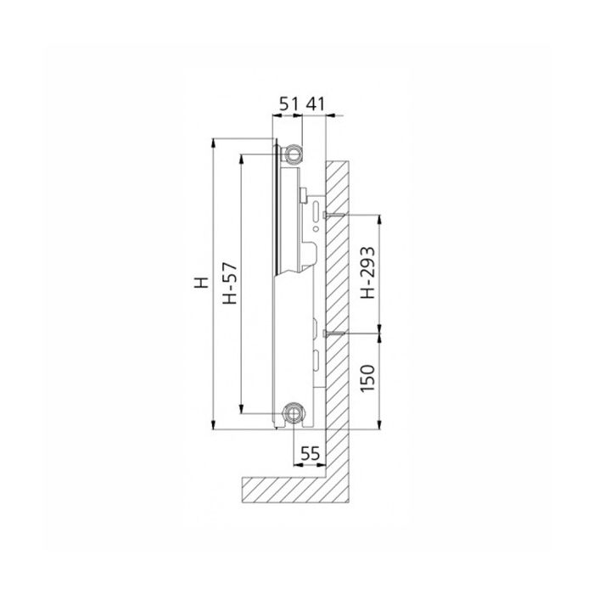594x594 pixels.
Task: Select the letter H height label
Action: coord(199,283)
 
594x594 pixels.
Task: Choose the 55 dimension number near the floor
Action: coord(310,454)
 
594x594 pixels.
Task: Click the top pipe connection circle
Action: coord(294,153)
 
